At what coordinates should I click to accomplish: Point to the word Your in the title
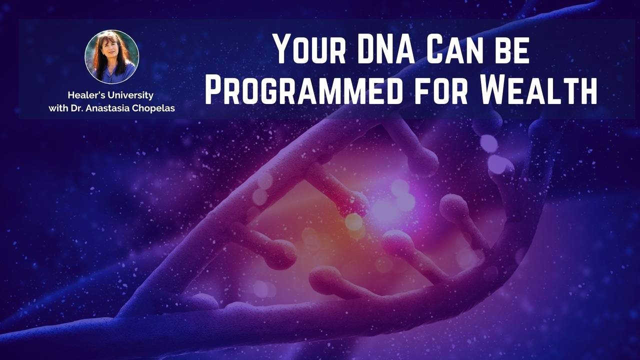click(x=305, y=49)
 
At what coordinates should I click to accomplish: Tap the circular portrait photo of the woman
click(x=111, y=56)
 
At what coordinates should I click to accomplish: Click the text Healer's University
click(x=110, y=95)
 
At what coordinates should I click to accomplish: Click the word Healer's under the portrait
click(x=84, y=95)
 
